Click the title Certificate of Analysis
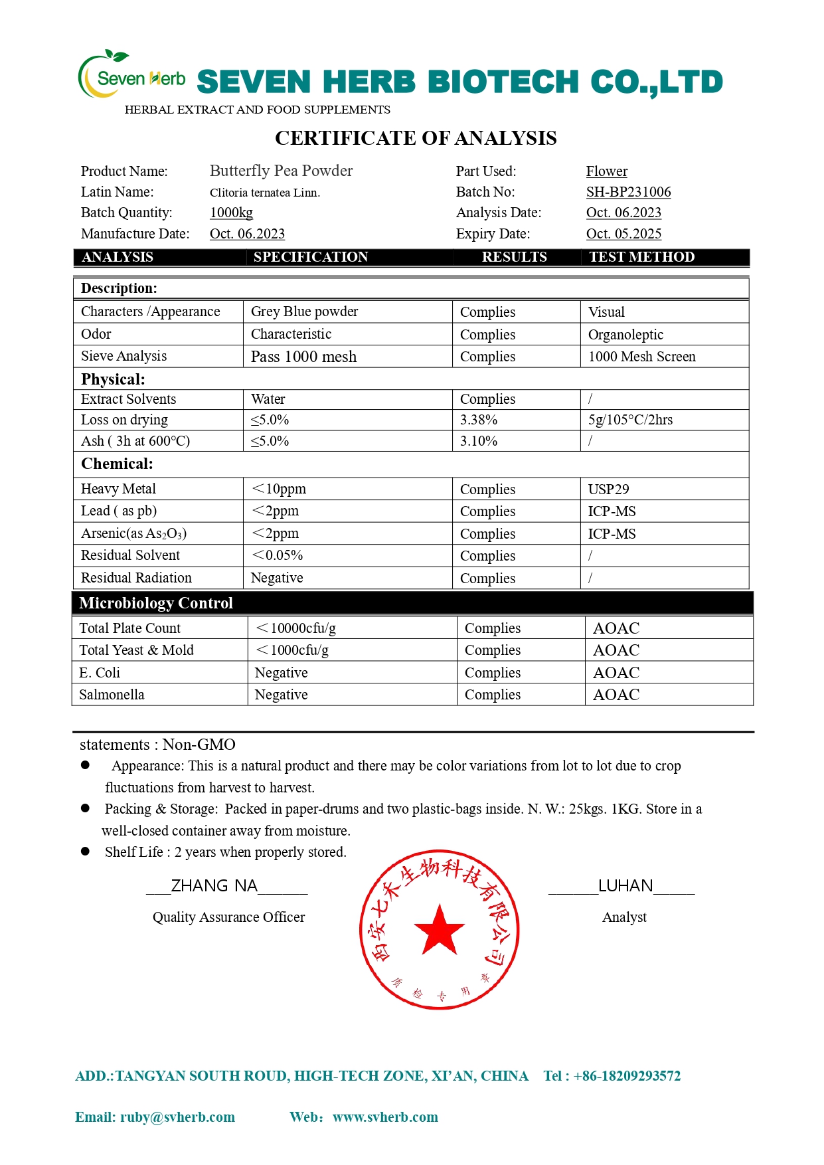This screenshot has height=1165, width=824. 416,138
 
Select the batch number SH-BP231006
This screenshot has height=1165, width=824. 628,192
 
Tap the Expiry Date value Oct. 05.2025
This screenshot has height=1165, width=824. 623,234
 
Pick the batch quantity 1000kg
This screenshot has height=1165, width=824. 231,213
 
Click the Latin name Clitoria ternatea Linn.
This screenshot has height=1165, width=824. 264,193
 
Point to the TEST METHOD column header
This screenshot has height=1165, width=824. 641,257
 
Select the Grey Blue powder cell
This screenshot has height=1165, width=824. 304,312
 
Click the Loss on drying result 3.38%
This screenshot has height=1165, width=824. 479,420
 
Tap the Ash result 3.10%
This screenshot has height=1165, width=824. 479,441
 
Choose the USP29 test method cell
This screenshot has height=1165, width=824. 608,490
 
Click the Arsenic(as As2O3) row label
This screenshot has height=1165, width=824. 133,533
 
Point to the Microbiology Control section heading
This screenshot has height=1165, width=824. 156,603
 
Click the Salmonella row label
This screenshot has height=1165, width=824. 112,695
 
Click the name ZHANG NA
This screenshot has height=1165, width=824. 214,886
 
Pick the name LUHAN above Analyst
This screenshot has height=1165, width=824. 625,886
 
